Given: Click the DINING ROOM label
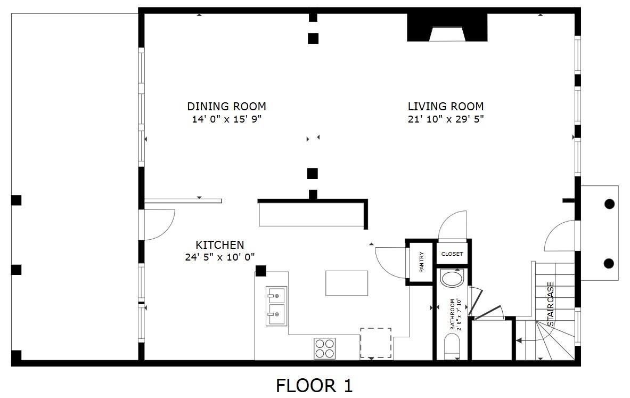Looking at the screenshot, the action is coord(227,107).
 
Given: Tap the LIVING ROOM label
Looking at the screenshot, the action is coord(446,107).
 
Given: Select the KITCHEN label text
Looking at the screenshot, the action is coord(220,245).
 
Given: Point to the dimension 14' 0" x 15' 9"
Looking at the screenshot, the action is coord(227,119).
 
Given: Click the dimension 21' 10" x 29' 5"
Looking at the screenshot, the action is coord(446,119).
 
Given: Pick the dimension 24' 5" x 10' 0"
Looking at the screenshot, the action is coord(220,257).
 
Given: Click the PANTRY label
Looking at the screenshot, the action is coord(421,262).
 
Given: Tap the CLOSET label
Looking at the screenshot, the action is coord(452,254).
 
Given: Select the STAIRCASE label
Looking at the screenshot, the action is coord(551,304).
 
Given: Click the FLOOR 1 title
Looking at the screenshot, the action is coord(314,386).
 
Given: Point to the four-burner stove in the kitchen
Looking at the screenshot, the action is coord(325,348).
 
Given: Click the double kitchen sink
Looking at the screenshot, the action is coord(276,306).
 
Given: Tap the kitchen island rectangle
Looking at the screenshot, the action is coord(347,283).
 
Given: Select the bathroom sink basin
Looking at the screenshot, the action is coord(452,278).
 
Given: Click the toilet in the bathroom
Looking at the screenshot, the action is coord(452,346).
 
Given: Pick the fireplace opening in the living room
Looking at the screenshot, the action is coord(447,34).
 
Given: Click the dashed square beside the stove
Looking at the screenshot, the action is coord(375,343).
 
